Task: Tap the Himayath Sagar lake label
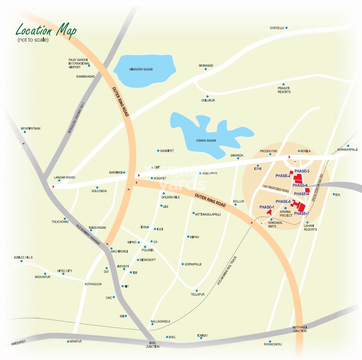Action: click(x=141, y=69)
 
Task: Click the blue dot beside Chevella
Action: click(x=287, y=28)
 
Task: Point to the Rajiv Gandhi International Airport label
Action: click(x=79, y=63)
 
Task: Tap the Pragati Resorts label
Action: click(x=284, y=90)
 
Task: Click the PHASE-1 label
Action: click(x=267, y=207)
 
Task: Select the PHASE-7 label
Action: click(x=301, y=214)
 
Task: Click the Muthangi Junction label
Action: click(x=300, y=329)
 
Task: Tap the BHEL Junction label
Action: click(x=153, y=345)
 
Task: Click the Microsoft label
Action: click(x=148, y=260)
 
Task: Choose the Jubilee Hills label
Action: click(x=23, y=257)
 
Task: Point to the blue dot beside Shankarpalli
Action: click(x=348, y=146)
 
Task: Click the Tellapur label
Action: click(x=198, y=295)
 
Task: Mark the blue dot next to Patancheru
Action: click(x=270, y=342)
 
